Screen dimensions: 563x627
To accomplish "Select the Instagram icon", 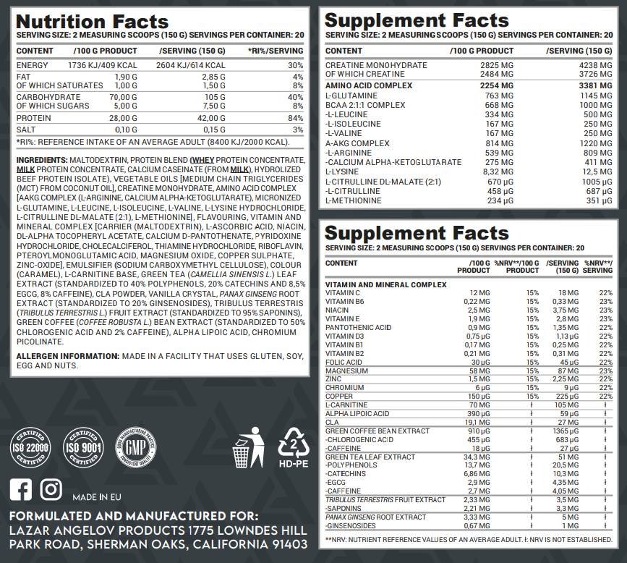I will [x=51, y=489].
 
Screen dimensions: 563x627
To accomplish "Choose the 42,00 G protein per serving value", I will [x=213, y=118].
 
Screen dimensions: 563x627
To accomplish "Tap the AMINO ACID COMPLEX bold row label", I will [x=369, y=85].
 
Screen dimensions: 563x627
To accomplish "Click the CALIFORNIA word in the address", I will [x=235, y=544].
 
